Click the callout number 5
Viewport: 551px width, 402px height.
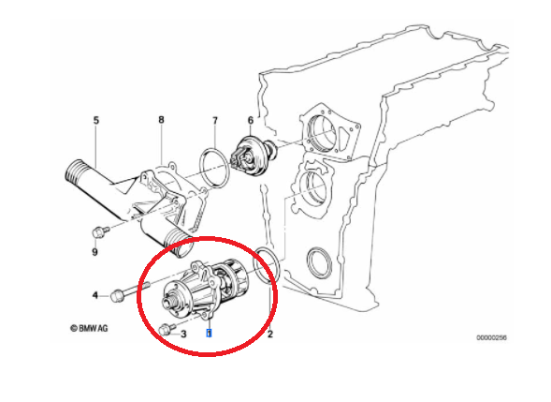(96, 120)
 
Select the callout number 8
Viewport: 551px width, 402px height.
(161, 120)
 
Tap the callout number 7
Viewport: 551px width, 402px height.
(215, 121)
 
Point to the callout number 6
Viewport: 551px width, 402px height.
(250, 120)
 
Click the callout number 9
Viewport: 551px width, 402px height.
(94, 252)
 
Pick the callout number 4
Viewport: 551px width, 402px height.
(94, 295)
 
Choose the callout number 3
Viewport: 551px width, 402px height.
(183, 334)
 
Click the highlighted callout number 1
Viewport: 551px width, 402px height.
(209, 333)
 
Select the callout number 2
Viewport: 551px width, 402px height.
(269, 334)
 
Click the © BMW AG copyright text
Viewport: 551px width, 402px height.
(89, 328)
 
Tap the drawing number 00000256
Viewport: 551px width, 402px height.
(492, 338)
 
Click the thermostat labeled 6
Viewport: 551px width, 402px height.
(252, 156)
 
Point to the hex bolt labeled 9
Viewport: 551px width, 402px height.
(100, 232)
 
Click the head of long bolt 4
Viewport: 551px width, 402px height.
(117, 296)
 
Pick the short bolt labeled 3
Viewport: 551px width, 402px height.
(167, 329)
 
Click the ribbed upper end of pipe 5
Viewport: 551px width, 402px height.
(77, 173)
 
